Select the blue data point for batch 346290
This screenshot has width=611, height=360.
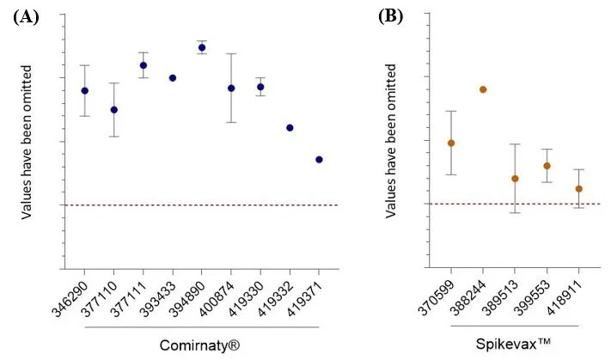pyautogui.click(x=85, y=90)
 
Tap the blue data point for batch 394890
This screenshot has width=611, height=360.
pyautogui.click(x=202, y=47)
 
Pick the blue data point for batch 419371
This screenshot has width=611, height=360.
pyautogui.click(x=319, y=159)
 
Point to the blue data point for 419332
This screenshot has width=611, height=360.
pyautogui.click(x=290, y=127)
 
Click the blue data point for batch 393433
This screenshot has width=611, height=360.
pyautogui.click(x=173, y=77)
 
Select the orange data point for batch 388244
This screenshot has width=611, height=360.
pyautogui.click(x=483, y=89)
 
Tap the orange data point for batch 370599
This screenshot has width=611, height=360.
pyautogui.click(x=451, y=143)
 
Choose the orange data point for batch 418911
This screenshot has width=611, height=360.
pyautogui.click(x=578, y=188)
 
